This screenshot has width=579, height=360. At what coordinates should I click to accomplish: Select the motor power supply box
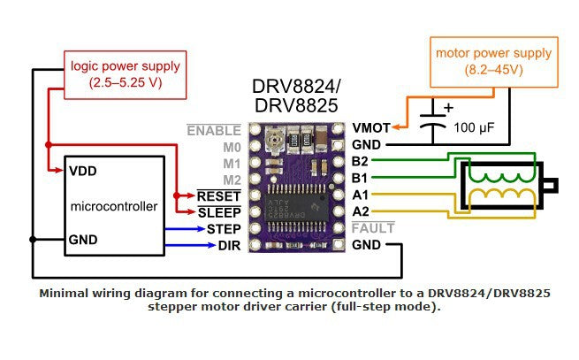(494, 61)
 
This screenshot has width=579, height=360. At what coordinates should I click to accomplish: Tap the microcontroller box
(114, 205)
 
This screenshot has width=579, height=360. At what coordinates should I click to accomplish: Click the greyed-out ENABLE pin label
(213, 130)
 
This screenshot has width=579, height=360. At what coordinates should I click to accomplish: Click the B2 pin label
(361, 161)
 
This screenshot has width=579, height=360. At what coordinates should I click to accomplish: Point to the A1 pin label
(361, 195)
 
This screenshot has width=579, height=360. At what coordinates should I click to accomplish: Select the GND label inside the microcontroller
(86, 240)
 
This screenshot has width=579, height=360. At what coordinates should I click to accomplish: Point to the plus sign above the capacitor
(446, 108)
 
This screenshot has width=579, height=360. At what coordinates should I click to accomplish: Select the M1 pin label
(232, 163)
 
